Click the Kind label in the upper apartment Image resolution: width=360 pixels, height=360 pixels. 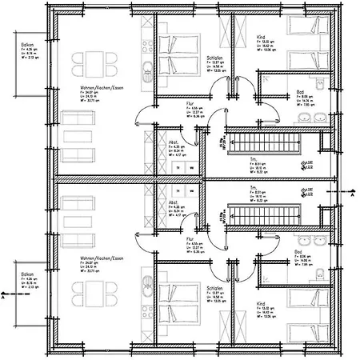[261, 37]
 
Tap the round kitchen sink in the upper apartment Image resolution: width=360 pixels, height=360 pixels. [146, 67]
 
